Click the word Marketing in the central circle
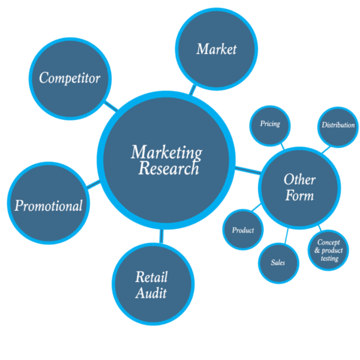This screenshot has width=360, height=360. pos(166,152)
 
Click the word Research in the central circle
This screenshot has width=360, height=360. pos(169,169)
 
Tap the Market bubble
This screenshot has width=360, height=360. pos(216,49)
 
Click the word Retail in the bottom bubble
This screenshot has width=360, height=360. pos(151,277)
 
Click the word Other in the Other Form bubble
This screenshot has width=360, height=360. pos(299,180)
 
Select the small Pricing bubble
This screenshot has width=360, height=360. pos(270,124)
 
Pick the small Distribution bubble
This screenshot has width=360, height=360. pos(337,125)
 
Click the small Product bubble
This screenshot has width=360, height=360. pos(243,230)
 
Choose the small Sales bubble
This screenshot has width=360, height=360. pos(277,262)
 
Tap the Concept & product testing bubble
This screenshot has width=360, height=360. pos(329,250)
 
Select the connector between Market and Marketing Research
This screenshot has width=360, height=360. pos(193,89)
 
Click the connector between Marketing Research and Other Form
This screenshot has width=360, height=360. pos(245,169)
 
